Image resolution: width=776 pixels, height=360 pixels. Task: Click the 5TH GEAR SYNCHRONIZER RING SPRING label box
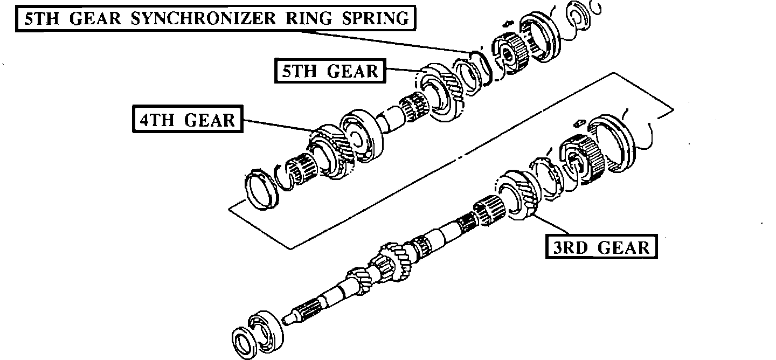coord(215,18)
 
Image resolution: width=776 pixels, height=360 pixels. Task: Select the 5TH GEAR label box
coord(330,71)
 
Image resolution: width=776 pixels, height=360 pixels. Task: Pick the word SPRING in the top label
coord(378,18)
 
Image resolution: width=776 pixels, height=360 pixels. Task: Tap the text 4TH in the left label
coord(158,120)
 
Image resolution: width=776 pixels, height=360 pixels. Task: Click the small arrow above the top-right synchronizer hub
coord(507,24)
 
